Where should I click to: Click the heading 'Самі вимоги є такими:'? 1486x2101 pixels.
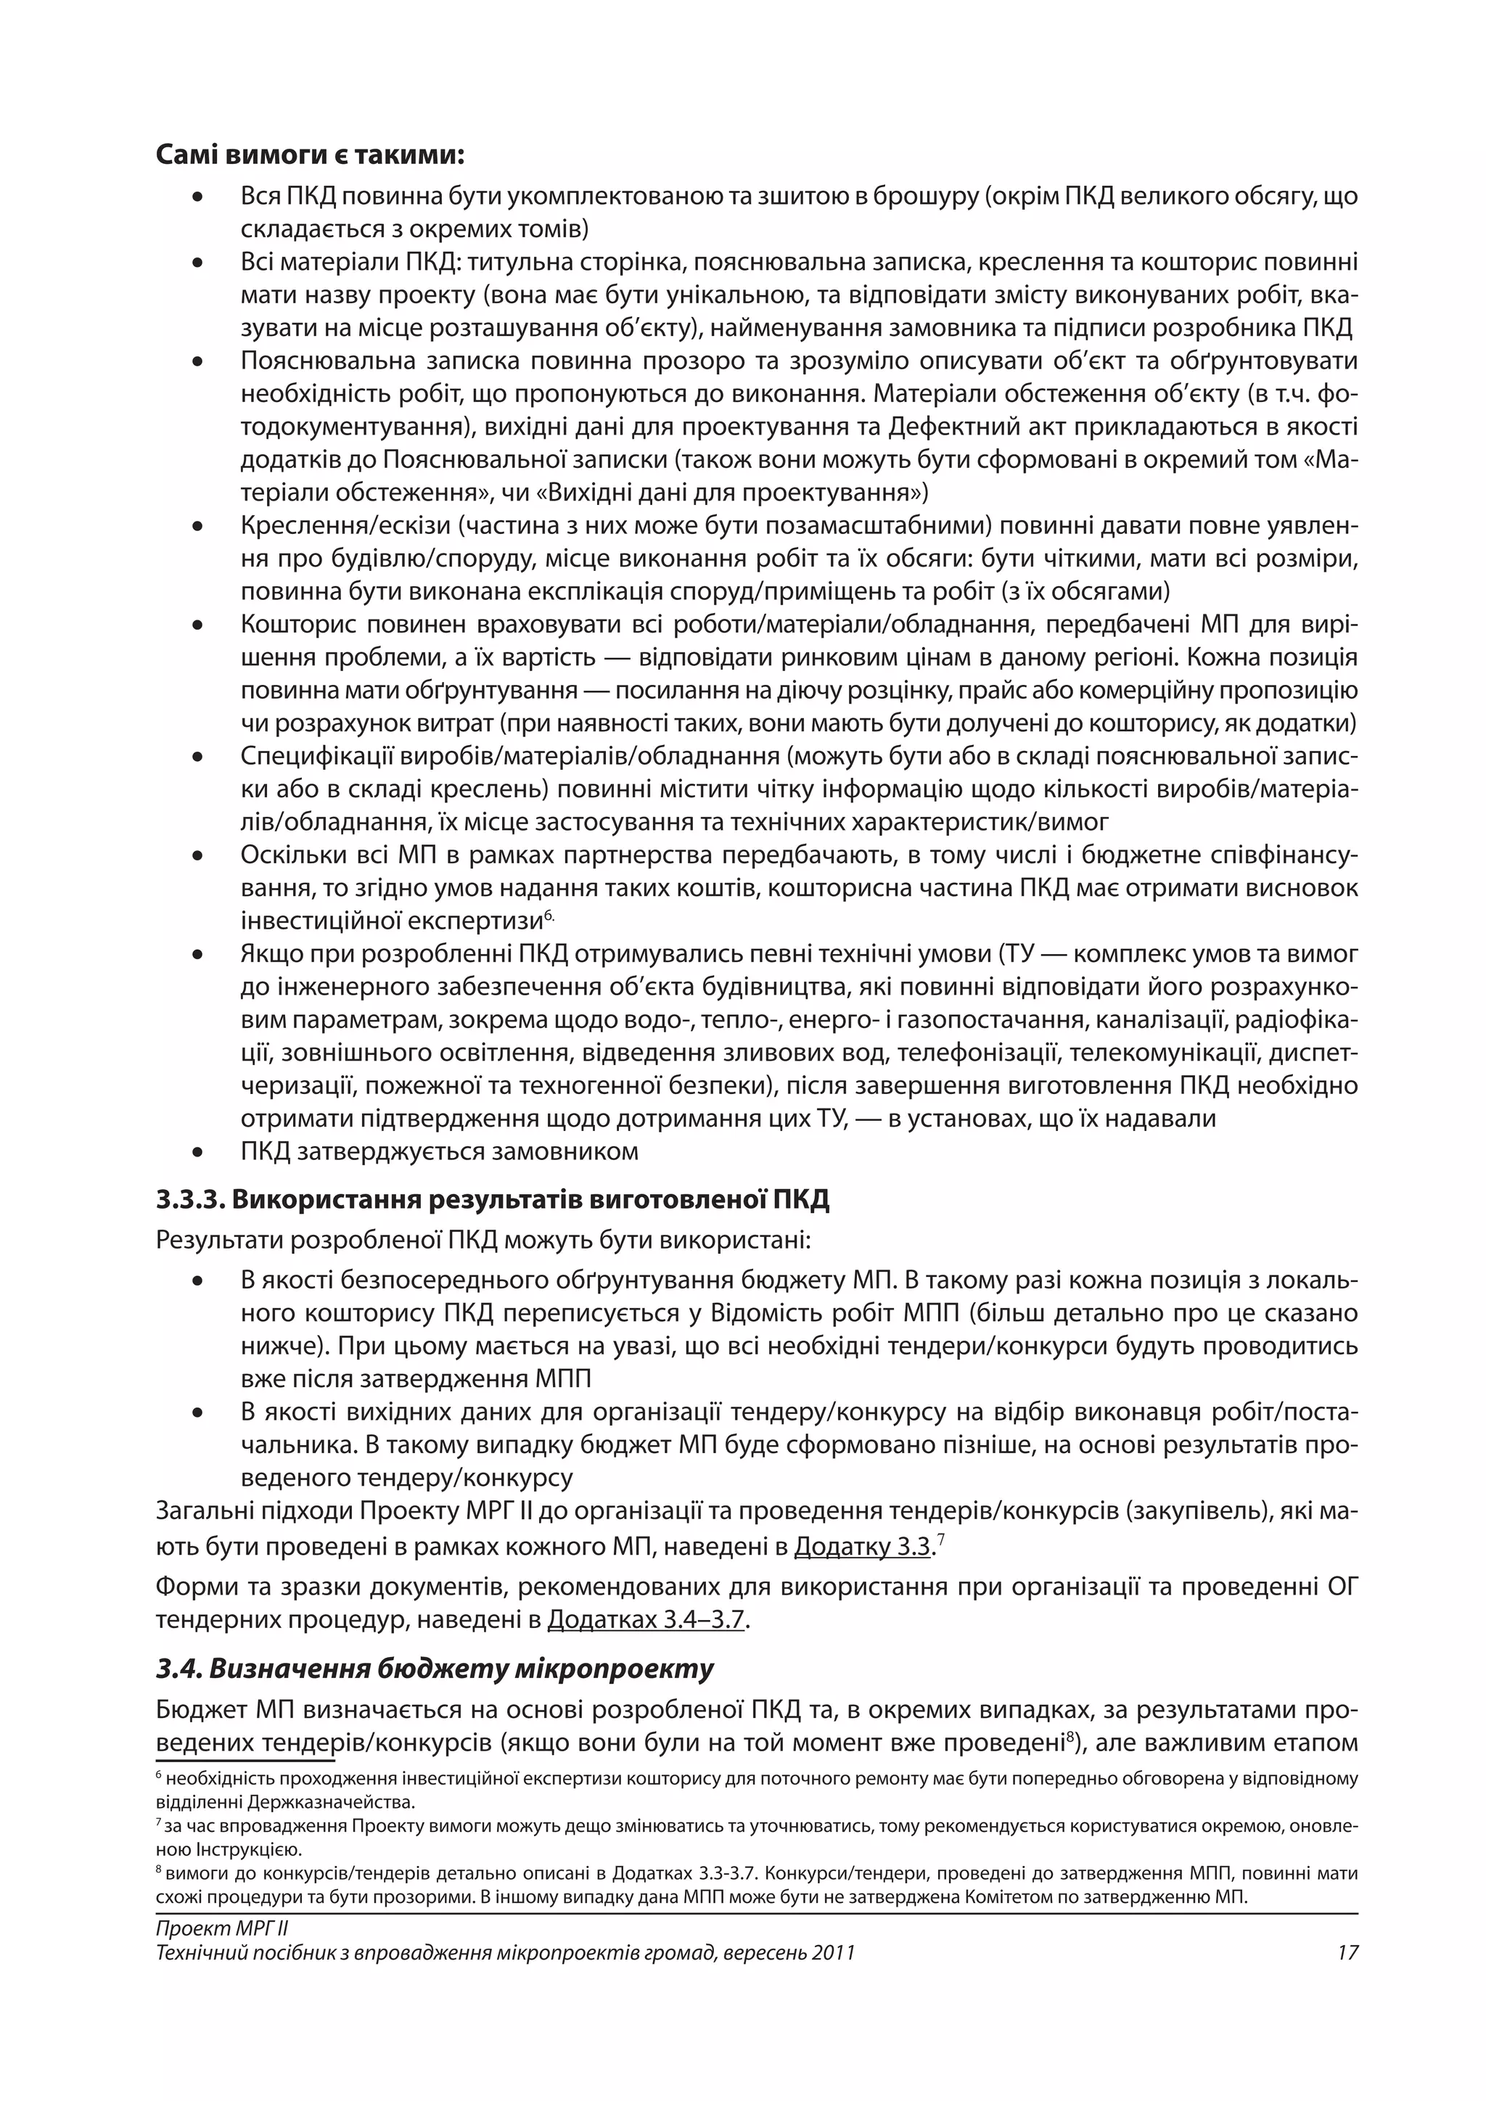click(x=311, y=155)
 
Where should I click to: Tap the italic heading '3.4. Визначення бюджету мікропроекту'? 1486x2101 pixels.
click(x=435, y=1668)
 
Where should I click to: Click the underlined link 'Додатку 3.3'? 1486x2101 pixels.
click(x=862, y=1547)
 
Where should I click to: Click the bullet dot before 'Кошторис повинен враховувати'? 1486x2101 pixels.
click(x=197, y=626)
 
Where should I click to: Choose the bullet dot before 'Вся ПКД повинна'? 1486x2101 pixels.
click(x=197, y=197)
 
